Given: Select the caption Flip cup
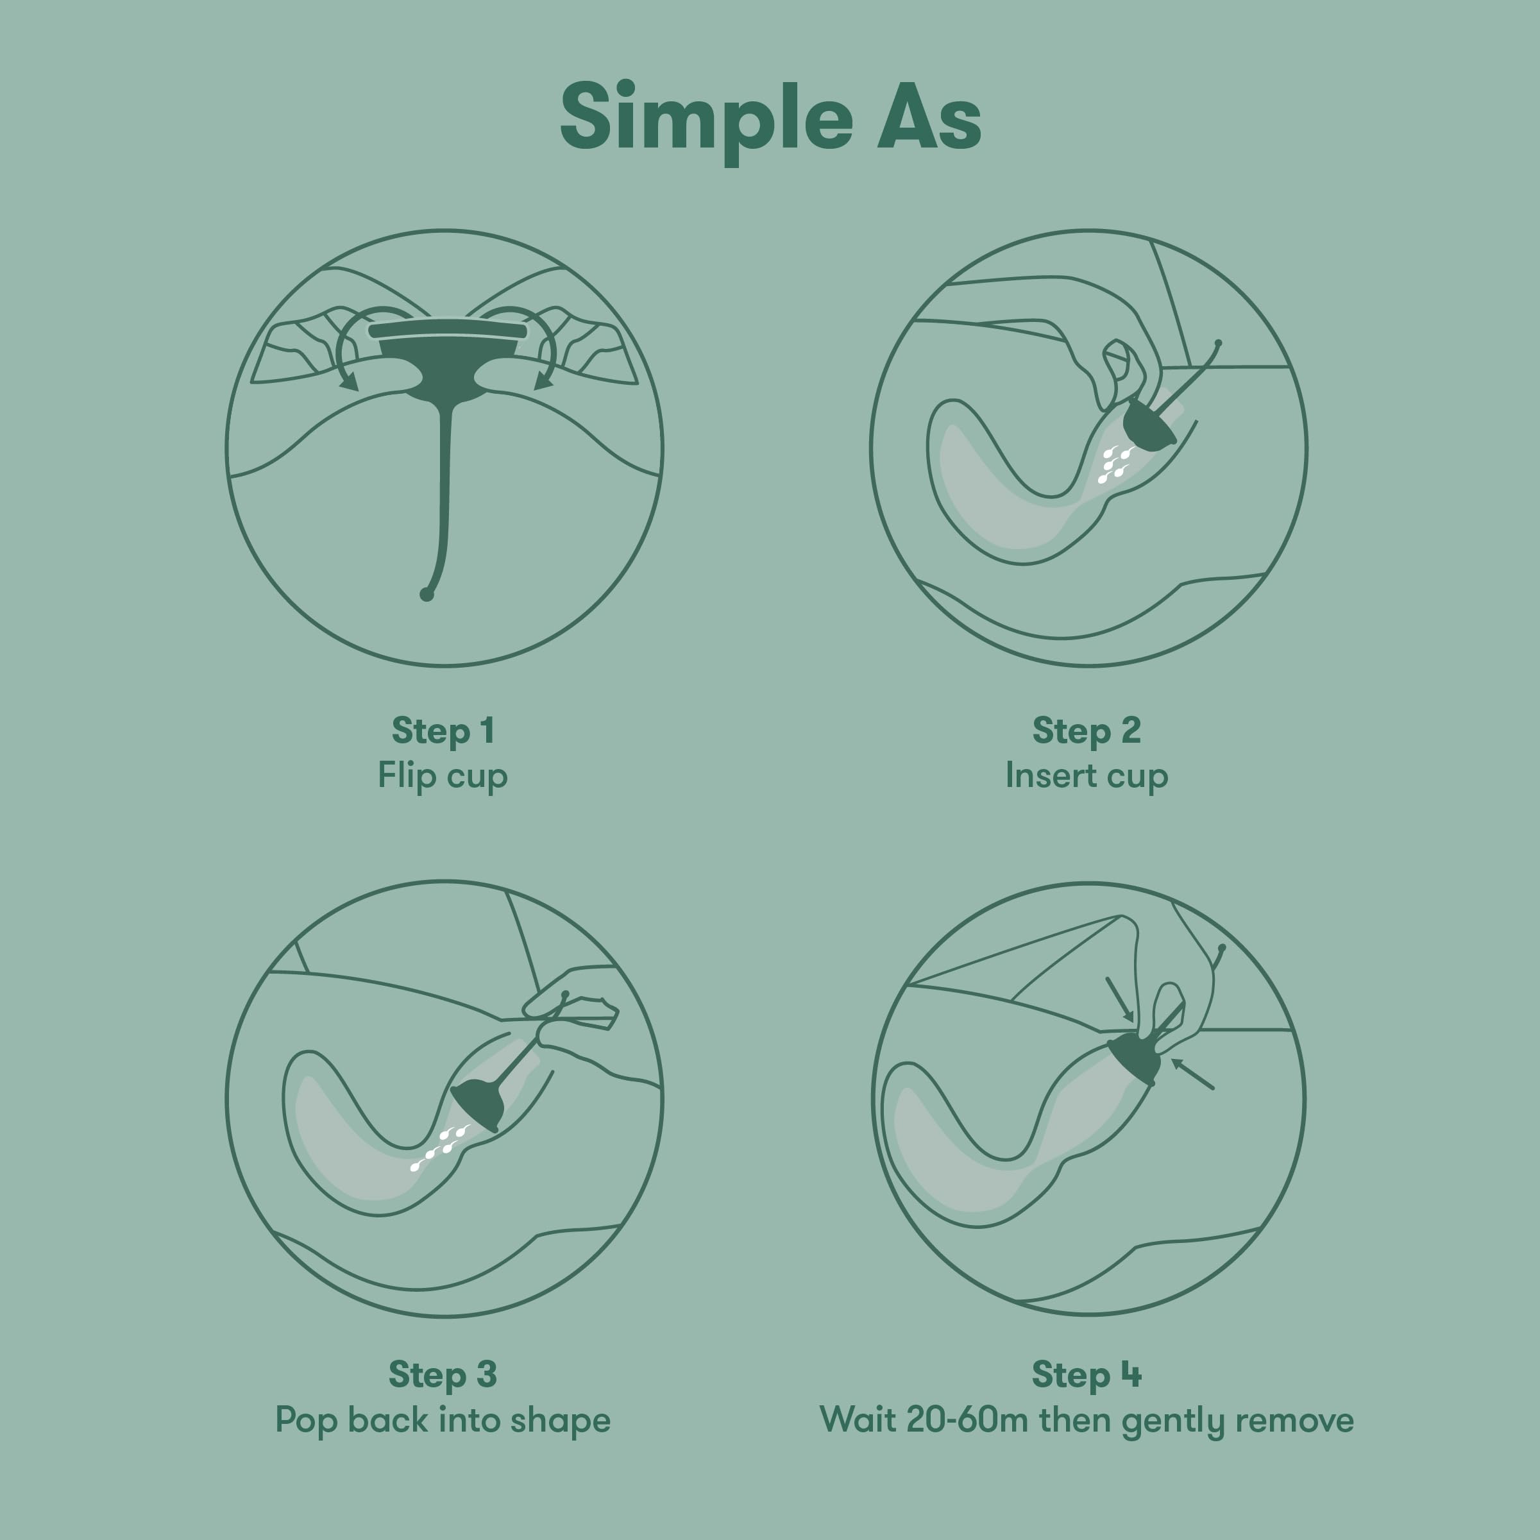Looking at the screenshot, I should [443, 775].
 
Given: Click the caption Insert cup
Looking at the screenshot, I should [1087, 775].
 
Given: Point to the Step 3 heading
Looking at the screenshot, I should [443, 1375].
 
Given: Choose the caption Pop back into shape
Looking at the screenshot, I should [443, 1421].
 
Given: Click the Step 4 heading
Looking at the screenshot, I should [1087, 1375].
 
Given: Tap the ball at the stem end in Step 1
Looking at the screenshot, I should [427, 595].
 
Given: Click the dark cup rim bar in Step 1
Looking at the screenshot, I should [447, 329].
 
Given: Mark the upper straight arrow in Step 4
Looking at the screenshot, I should [1119, 999].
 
